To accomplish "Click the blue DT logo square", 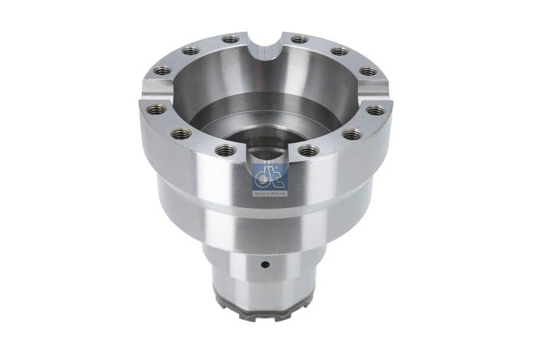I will [269, 177].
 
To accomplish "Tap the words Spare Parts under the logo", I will [269, 192].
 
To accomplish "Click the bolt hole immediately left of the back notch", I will [230, 40].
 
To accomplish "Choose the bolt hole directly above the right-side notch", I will [367, 71].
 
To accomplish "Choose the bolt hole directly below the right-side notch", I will [376, 109].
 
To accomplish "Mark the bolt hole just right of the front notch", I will [307, 150].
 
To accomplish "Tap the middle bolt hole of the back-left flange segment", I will [191, 51].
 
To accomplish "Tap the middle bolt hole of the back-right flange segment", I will [338, 51].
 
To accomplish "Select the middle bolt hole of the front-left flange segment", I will [180, 134].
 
